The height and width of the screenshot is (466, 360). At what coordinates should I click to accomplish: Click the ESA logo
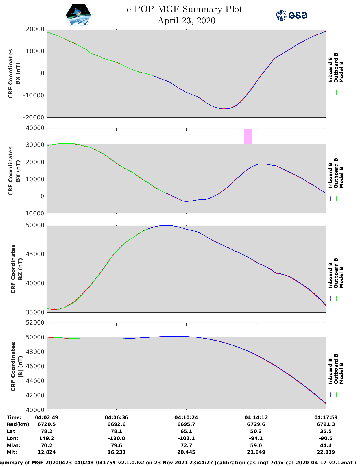tap(292, 15)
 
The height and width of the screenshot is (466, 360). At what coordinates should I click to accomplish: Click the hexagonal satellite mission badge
tap(79, 15)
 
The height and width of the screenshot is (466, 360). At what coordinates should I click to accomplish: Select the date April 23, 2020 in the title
tap(186, 21)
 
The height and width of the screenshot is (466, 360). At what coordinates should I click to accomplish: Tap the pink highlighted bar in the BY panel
tap(248, 136)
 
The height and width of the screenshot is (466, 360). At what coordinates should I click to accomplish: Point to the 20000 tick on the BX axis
tap(35, 29)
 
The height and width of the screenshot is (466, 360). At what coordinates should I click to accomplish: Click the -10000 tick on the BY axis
tap(35, 214)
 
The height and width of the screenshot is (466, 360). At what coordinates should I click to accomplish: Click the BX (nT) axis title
tap(18, 73)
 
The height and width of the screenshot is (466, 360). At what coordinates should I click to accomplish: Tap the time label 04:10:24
tap(186, 417)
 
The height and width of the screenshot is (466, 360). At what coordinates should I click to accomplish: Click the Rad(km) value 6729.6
tap(256, 424)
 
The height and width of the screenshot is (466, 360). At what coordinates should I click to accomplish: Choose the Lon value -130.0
tap(116, 438)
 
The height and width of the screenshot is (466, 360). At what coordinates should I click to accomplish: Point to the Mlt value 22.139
tap(326, 452)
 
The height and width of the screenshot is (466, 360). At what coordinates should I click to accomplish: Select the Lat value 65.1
tap(186, 431)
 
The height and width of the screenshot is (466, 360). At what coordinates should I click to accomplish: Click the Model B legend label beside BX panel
tap(341, 72)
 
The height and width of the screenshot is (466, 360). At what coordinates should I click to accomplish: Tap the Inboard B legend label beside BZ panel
tap(331, 275)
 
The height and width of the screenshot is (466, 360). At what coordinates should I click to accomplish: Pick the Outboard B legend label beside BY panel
tap(336, 173)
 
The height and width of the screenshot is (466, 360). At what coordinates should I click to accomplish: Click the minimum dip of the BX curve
tap(224, 109)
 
